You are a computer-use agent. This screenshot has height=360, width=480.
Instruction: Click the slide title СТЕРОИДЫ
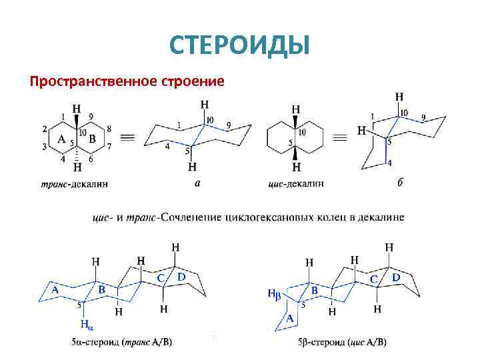tap(239, 45)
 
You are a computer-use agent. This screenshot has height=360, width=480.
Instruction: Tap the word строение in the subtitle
tap(191, 82)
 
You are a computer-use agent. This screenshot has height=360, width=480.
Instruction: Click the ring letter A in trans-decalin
tap(61, 139)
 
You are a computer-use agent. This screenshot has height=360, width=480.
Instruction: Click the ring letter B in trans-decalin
tap(92, 139)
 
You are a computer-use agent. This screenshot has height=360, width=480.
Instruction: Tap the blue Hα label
tap(87, 325)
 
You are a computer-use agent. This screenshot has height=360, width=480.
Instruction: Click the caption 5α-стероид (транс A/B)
tap(121, 343)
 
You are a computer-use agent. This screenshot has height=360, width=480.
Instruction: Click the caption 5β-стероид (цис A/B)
tap(342, 343)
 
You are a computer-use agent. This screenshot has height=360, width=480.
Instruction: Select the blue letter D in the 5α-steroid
tap(181, 275)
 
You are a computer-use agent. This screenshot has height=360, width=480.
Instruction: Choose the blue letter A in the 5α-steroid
tap(55, 289)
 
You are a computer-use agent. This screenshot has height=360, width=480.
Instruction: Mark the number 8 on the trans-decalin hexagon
tap(109, 129)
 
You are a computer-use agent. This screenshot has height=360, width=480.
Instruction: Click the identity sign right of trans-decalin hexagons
tap(129, 138)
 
